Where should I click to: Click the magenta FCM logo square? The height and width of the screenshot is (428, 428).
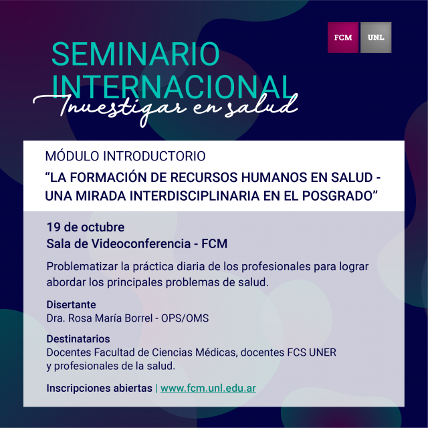343,37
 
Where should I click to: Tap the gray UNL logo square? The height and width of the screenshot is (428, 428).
376,37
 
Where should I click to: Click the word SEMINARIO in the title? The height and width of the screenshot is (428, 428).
135,53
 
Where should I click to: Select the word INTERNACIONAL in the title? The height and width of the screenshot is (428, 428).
173,86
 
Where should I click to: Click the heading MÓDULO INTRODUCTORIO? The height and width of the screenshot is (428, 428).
125,156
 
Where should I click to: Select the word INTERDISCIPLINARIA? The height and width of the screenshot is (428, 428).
195,196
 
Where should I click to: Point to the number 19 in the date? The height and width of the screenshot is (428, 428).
51,227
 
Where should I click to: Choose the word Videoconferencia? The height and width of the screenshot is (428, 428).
141,243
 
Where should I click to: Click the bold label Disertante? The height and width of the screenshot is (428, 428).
71,305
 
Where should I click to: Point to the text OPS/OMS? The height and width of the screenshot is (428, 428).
185,318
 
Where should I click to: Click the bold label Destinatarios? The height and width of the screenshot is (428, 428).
78,339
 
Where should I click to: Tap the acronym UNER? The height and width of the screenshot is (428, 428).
322,352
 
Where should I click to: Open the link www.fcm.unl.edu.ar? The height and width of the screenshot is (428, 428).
208,388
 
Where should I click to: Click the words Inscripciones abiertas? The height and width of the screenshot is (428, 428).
99,388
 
